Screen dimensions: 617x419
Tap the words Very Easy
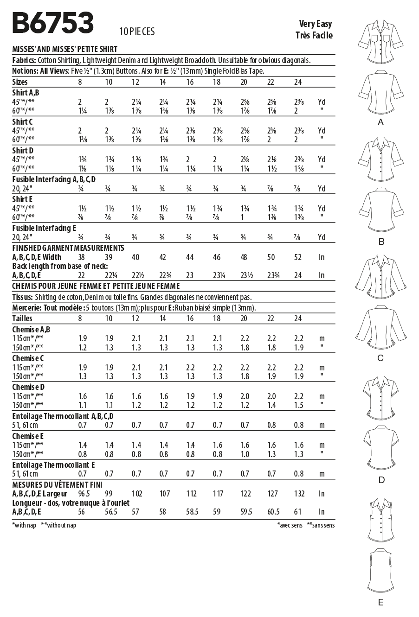pyautogui.click(x=316, y=24)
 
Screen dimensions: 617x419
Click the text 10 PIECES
pyautogui.click(x=137, y=32)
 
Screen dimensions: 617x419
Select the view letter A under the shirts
pyautogui.click(x=381, y=122)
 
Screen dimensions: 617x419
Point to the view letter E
pyautogui.click(x=381, y=603)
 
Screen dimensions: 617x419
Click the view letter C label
pyautogui.click(x=381, y=358)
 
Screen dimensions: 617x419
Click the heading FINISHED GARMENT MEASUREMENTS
pyautogui.click(x=68, y=248)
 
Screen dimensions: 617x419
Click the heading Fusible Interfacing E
pyautogui.click(x=44, y=228)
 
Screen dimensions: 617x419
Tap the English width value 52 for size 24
pyautogui.click(x=298, y=257)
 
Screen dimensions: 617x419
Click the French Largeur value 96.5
pyautogui.click(x=83, y=494)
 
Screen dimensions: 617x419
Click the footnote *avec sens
pyautogui.click(x=290, y=525)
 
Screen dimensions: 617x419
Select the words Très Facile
pyautogui.click(x=314, y=35)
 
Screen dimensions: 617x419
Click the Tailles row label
pyautogui.click(x=22, y=318)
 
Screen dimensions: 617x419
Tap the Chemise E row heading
pyautogui.click(x=28, y=436)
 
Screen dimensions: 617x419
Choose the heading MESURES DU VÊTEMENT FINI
pyautogui.click(x=57, y=484)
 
